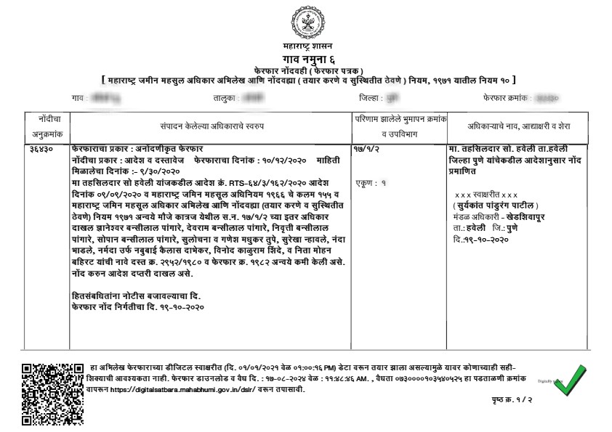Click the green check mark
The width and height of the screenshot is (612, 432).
tap(569, 380)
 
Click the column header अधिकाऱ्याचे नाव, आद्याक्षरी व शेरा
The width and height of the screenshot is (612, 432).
tap(518, 126)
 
